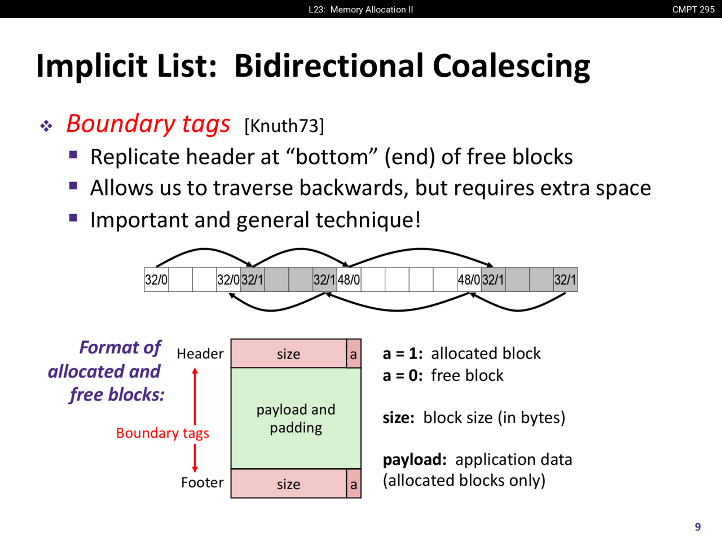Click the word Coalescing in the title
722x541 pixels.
click(511, 66)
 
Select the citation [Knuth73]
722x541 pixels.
click(284, 126)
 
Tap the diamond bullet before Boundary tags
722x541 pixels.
click(46, 126)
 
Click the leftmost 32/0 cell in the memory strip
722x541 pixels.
click(156, 280)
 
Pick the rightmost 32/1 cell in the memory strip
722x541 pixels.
click(565, 280)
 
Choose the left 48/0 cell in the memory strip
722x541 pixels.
click(349, 280)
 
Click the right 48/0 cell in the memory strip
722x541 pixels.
click(469, 280)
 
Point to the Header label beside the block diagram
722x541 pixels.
click(200, 354)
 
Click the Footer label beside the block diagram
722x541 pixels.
click(202, 482)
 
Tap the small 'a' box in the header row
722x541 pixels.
click(354, 353)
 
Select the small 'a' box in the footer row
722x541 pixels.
click(354, 484)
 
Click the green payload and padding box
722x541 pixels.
click(296, 418)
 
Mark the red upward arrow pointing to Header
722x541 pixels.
click(195, 397)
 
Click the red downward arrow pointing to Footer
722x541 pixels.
click(195, 458)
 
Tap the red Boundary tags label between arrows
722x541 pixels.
click(162, 433)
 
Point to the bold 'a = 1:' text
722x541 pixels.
click(403, 354)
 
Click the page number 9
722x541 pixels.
click(698, 527)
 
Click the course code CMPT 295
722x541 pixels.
click(693, 10)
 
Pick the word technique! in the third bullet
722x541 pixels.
click(368, 220)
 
